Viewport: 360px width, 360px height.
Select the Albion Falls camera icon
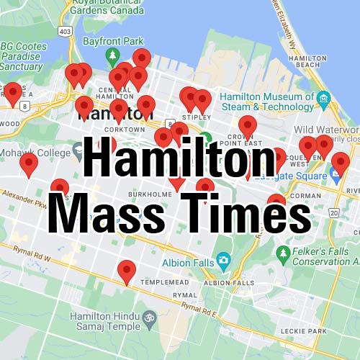click(x=223, y=260)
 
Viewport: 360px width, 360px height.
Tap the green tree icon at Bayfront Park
click(x=111, y=55)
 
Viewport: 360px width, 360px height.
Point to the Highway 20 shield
click(x=333, y=213)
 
